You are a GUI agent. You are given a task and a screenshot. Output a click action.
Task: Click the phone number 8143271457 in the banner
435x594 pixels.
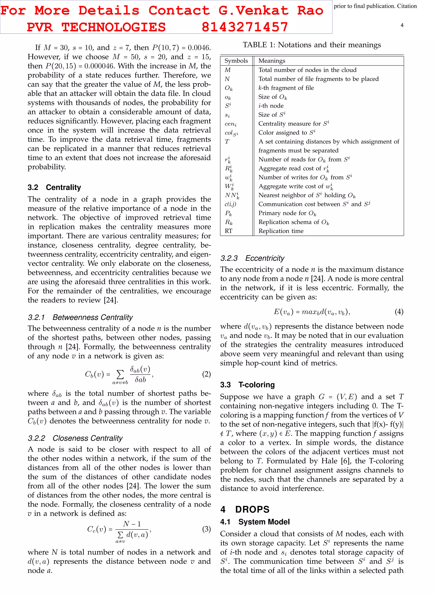(x=245, y=27)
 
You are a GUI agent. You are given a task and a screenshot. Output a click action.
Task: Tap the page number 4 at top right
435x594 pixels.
(x=402, y=25)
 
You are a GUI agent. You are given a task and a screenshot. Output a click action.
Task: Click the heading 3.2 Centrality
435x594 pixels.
(x=54, y=187)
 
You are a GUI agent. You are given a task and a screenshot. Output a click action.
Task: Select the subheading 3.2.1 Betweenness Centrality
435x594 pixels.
(x=80, y=317)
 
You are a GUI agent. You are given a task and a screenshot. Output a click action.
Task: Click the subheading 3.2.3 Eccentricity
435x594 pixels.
(x=252, y=258)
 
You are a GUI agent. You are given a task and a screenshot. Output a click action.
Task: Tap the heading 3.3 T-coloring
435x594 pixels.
(x=247, y=385)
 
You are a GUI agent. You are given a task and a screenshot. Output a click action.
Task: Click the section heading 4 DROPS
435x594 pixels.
(x=245, y=509)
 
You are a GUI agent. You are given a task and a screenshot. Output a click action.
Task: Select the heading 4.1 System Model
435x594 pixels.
(x=255, y=522)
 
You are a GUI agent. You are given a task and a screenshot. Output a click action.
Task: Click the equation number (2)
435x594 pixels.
(x=206, y=374)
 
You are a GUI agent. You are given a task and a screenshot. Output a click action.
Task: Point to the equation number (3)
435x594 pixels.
(x=206, y=529)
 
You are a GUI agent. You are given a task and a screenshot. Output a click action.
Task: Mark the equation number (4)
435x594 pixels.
(x=399, y=312)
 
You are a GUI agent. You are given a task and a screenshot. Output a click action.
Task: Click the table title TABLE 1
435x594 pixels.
(x=312, y=45)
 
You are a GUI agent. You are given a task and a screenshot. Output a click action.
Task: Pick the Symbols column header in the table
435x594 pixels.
(x=236, y=61)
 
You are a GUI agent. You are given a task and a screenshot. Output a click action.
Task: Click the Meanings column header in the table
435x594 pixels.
(x=271, y=61)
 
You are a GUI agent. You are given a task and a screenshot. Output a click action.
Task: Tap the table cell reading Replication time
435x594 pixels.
(x=281, y=231)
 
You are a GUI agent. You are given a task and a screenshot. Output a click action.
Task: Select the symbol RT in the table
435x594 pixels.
(x=228, y=231)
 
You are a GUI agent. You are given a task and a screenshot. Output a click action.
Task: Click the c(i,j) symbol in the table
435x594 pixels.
(x=230, y=204)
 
